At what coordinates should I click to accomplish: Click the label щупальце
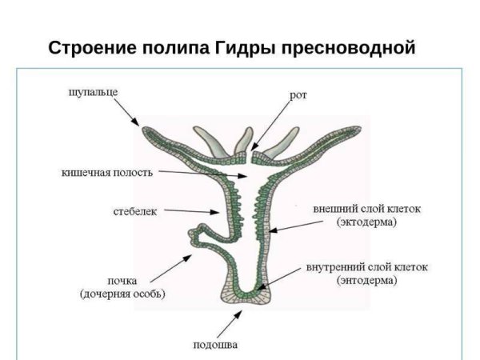click(92, 91)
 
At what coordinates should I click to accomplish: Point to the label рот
click(298, 95)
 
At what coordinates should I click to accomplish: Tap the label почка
click(122, 281)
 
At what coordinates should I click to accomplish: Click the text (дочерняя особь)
click(122, 294)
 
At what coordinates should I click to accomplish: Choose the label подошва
click(216, 345)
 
